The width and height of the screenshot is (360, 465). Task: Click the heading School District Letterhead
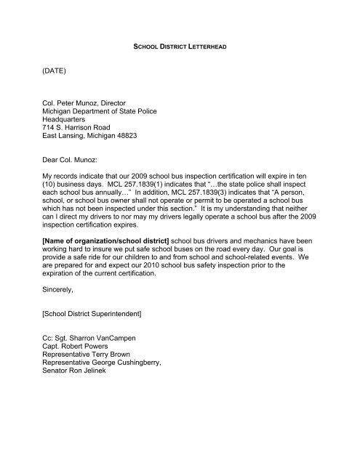pyautogui.click(x=180, y=46)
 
